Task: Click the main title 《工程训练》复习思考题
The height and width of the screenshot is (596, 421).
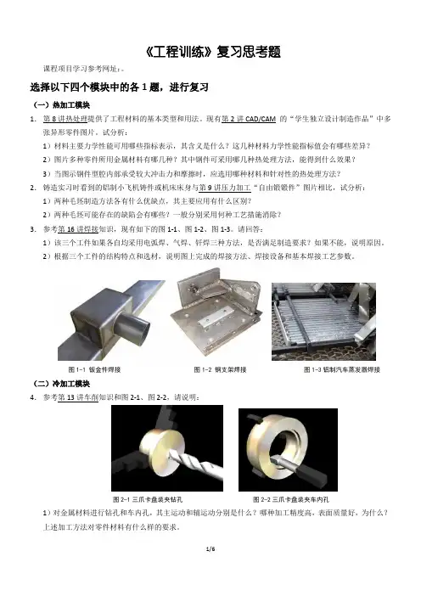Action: click(x=212, y=52)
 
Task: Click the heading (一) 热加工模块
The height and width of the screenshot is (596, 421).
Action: click(x=61, y=105)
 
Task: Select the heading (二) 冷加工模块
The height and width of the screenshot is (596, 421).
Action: click(x=61, y=384)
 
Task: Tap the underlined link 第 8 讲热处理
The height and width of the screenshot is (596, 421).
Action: click(x=65, y=119)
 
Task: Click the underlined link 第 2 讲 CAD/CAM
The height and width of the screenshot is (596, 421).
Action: click(x=249, y=119)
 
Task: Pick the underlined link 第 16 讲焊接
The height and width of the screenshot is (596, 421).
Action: click(x=78, y=229)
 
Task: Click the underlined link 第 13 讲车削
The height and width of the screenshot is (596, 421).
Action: click(x=78, y=397)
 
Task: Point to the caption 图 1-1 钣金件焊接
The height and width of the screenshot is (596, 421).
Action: click(x=94, y=369)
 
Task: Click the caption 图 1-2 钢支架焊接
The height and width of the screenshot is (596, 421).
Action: click(x=220, y=369)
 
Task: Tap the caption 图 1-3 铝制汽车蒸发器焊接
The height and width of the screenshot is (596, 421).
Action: click(x=342, y=369)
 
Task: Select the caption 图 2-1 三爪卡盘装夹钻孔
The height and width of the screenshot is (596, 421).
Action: click(x=148, y=499)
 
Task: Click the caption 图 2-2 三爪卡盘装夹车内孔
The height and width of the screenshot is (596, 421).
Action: click(x=291, y=499)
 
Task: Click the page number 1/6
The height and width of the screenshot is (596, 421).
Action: click(x=210, y=548)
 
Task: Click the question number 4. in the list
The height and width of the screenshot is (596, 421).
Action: click(x=33, y=397)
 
